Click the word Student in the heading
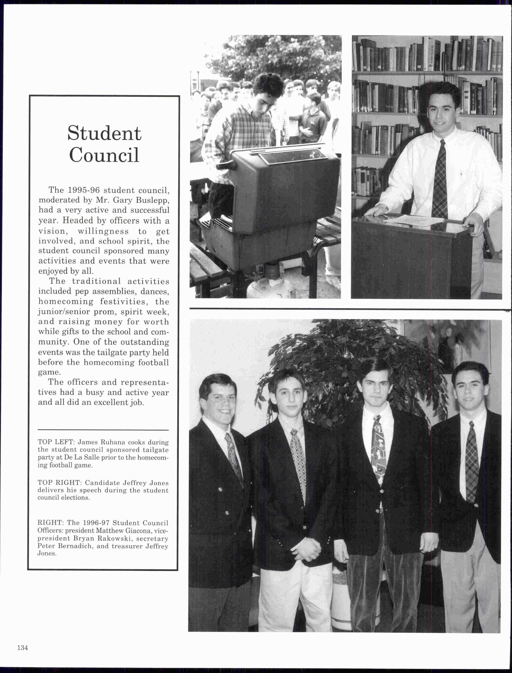pos(104,133)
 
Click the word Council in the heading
pos(104,155)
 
